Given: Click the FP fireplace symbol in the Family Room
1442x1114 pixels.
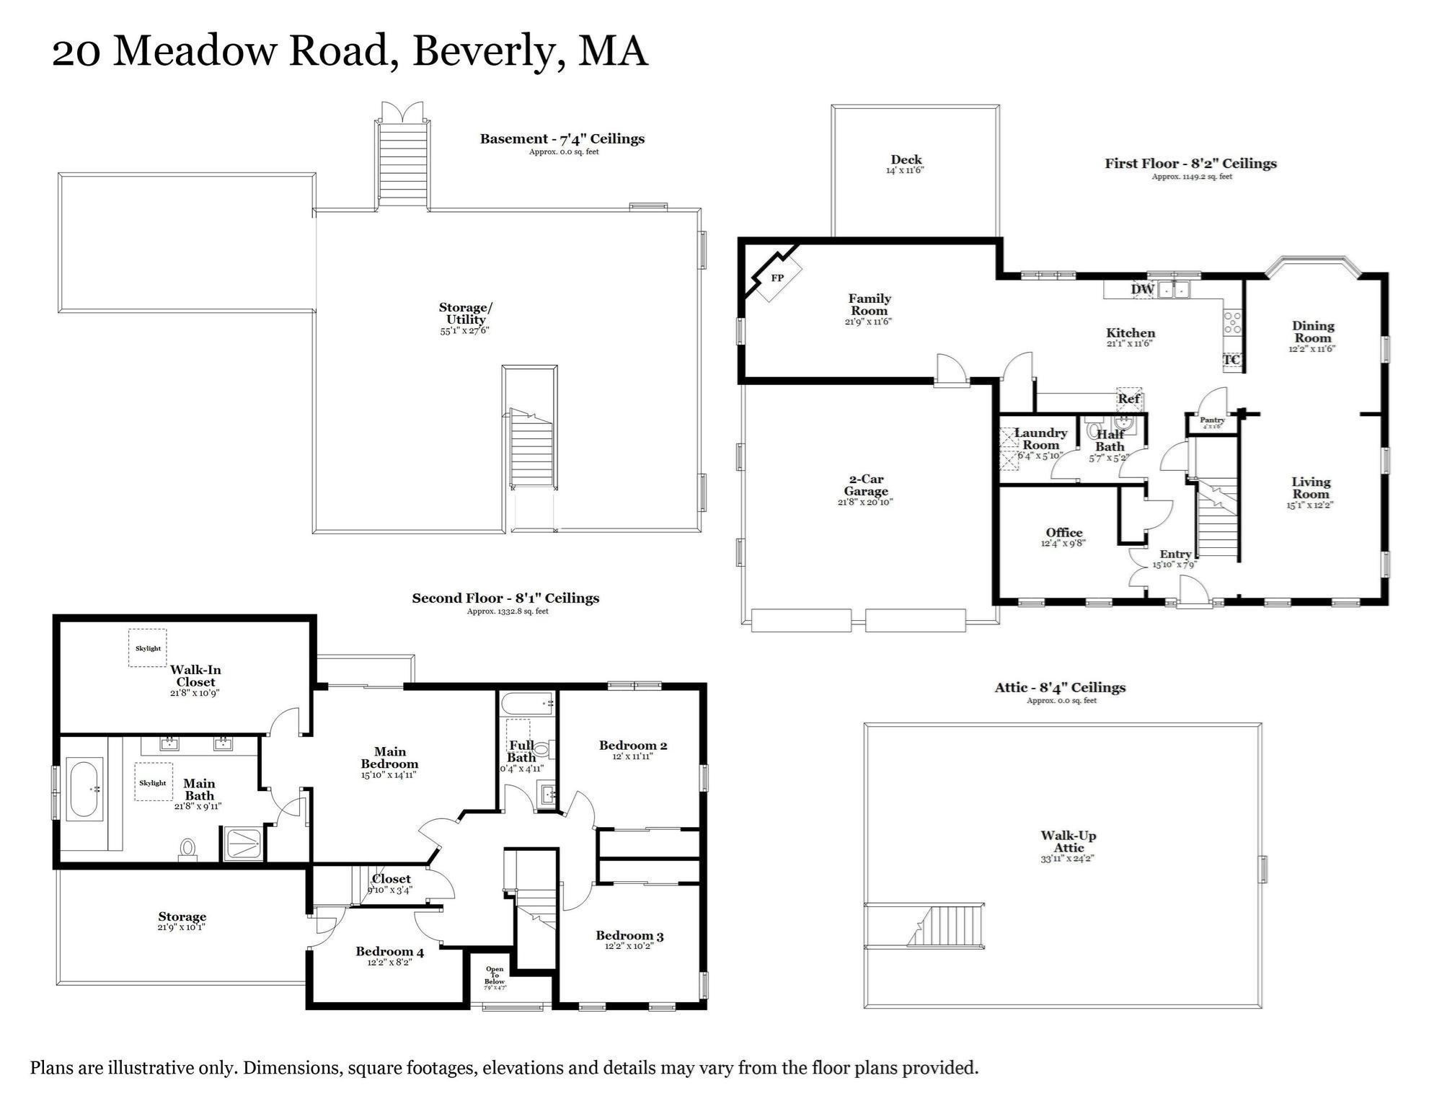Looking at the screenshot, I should (x=777, y=278).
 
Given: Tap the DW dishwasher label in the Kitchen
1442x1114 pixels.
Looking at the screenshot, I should (x=1142, y=289).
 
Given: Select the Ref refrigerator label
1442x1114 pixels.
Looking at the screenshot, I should (x=1129, y=399).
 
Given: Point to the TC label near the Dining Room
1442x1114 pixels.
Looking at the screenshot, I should (x=1231, y=360).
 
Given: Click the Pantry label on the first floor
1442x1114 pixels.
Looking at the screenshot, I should (x=1212, y=420).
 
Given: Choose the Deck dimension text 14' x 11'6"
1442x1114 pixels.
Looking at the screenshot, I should (x=905, y=171).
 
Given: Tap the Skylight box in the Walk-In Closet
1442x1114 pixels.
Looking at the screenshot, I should (x=148, y=647).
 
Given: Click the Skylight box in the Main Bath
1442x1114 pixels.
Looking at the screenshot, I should (x=153, y=782).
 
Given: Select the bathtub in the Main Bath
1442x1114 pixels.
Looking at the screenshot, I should (x=85, y=790).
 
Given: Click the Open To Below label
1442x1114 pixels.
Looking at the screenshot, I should (x=495, y=977).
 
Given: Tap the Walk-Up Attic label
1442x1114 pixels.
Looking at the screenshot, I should (x=1068, y=841).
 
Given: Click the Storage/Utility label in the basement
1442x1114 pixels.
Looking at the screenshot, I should (x=466, y=314).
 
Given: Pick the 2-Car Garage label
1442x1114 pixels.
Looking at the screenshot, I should (x=865, y=485).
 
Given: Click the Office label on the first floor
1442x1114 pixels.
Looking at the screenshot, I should (x=1064, y=533).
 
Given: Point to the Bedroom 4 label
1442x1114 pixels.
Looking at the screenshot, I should (x=389, y=952).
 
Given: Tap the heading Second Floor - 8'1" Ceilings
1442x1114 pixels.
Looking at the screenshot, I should (x=505, y=598).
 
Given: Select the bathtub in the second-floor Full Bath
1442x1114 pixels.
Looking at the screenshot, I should (x=526, y=702).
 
